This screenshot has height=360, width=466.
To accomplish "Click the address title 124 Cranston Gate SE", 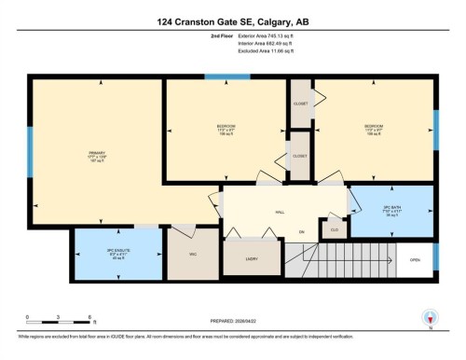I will click(232, 21).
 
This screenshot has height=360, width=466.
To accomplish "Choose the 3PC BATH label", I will click(391, 208).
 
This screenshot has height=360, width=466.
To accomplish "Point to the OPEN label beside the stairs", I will click(415, 260).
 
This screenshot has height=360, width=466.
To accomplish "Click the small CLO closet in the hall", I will click(334, 227).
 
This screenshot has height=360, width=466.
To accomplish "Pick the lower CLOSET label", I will click(299, 156).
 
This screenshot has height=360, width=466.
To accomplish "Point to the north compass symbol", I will click(430, 317).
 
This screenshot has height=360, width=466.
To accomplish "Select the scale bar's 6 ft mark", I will click(89, 317).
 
